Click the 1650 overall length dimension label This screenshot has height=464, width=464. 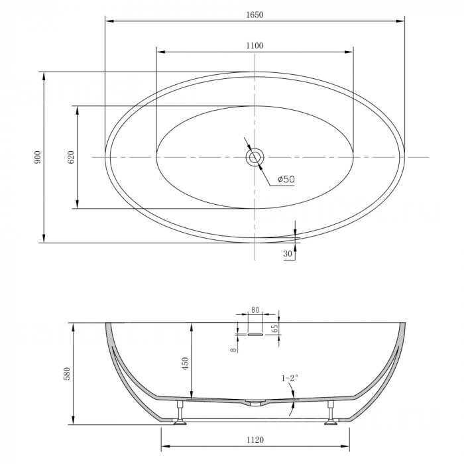tap(255, 15)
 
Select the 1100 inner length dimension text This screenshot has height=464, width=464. tap(255, 46)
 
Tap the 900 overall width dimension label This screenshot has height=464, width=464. tap(38, 158)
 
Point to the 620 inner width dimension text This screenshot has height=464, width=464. tap(72, 158)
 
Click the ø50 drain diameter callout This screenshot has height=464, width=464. tap(286, 179)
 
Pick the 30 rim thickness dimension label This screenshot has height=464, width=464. tap(287, 254)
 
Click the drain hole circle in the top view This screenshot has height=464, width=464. tap(255, 157)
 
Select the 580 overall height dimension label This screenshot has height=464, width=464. tap(66, 373)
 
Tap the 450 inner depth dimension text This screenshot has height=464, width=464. tap(185, 364)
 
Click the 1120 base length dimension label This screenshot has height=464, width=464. tap(255, 440)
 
